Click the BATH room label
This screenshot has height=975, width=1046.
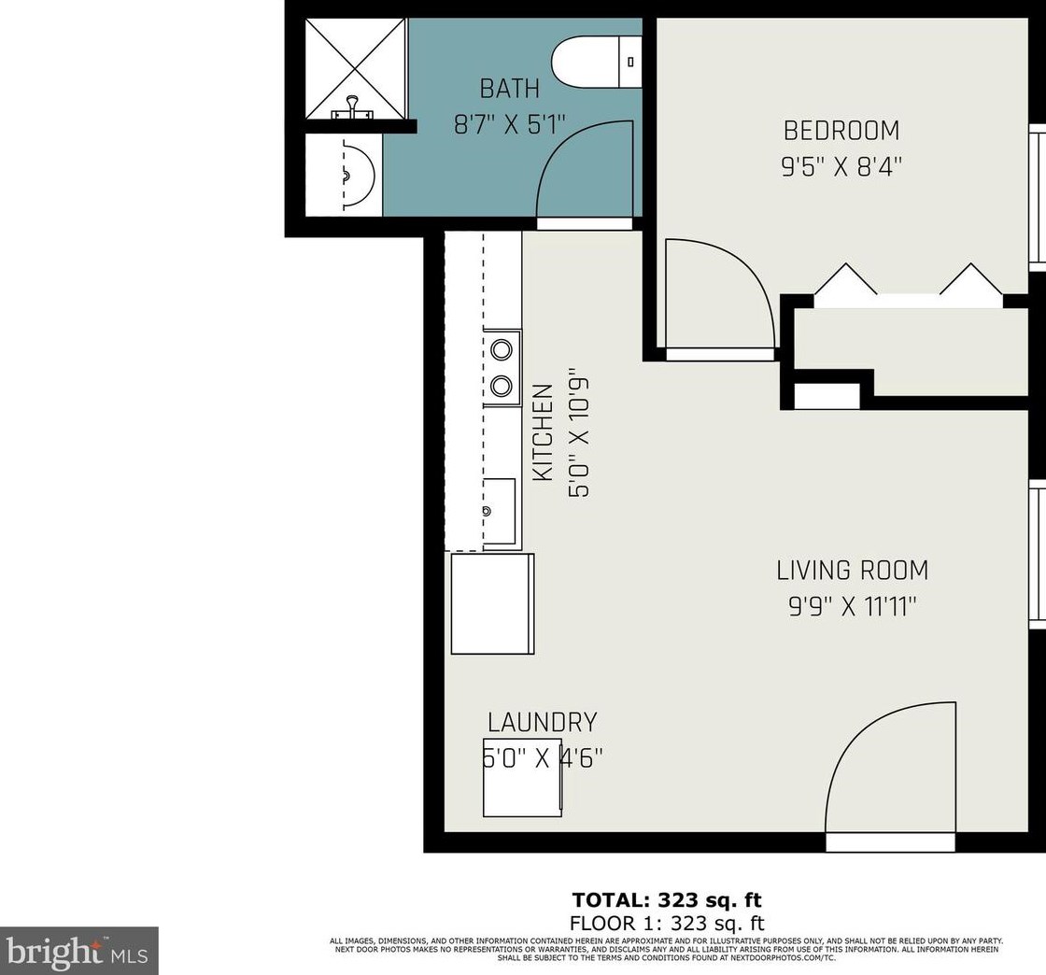pyautogui.click(x=509, y=89)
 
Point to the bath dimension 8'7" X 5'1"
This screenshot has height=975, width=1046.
pyautogui.click(x=510, y=124)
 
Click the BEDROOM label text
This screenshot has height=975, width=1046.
pyautogui.click(x=841, y=130)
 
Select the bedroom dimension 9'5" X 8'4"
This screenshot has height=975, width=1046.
pyautogui.click(x=841, y=166)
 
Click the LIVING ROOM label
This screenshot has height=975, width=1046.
pyautogui.click(x=852, y=570)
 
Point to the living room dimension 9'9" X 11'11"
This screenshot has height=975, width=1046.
pyautogui.click(x=852, y=607)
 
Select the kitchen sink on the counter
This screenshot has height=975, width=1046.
pyautogui.click(x=500, y=511)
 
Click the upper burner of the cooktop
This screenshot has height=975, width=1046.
pyautogui.click(x=502, y=349)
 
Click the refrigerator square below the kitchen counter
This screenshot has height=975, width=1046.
pyautogui.click(x=492, y=603)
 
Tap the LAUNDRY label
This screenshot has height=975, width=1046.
pyautogui.click(x=542, y=722)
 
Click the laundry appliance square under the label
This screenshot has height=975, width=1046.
pyautogui.click(x=522, y=789)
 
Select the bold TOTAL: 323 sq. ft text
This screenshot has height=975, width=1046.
pyautogui.click(x=666, y=900)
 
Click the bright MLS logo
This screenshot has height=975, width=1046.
pyautogui.click(x=79, y=952)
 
